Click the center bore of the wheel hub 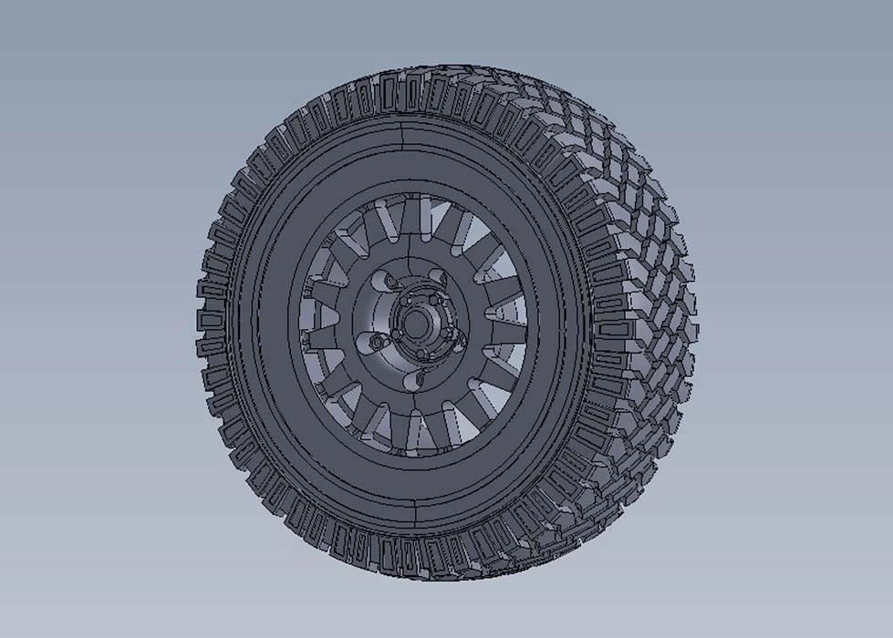416,324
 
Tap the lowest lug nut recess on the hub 416,379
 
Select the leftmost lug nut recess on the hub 375,342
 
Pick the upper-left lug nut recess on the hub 385,281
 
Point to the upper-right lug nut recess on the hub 439,276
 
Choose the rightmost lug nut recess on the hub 461,341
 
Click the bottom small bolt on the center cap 421,353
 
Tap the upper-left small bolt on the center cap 404,301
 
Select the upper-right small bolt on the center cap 434,300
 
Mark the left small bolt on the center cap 396,334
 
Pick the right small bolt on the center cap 444,334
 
